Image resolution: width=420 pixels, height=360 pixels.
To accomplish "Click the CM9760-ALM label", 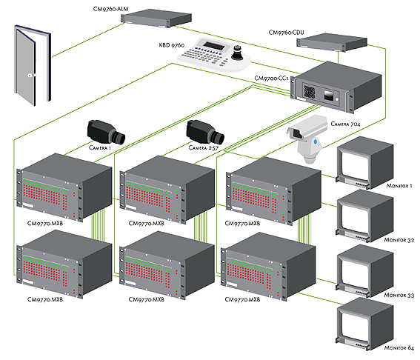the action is coord(110,9).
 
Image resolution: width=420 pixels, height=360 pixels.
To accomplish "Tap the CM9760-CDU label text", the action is coord(286,33).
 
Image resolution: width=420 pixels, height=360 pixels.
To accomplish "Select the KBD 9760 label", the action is coord(172,45).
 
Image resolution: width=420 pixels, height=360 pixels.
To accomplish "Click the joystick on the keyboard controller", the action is coord(237,54).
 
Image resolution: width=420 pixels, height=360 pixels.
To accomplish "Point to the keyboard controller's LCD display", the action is coord(213,46).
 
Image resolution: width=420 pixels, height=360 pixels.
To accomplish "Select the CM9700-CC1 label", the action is coord(271,79).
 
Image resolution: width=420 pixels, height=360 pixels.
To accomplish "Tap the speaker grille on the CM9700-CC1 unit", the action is coord(310,92).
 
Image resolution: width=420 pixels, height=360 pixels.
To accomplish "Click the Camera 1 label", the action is coord(100,147).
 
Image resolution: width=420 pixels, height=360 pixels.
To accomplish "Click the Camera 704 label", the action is coord(345,124).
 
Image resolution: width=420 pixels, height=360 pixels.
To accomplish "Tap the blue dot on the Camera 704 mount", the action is coord(316,141).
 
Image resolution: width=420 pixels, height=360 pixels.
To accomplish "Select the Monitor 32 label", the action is coord(399,240).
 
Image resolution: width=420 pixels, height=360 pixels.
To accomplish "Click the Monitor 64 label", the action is coord(399,348).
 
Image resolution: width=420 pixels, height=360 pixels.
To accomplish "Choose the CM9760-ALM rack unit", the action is coord(157,18).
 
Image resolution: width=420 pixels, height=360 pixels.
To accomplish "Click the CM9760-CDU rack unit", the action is coord(332,42).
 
